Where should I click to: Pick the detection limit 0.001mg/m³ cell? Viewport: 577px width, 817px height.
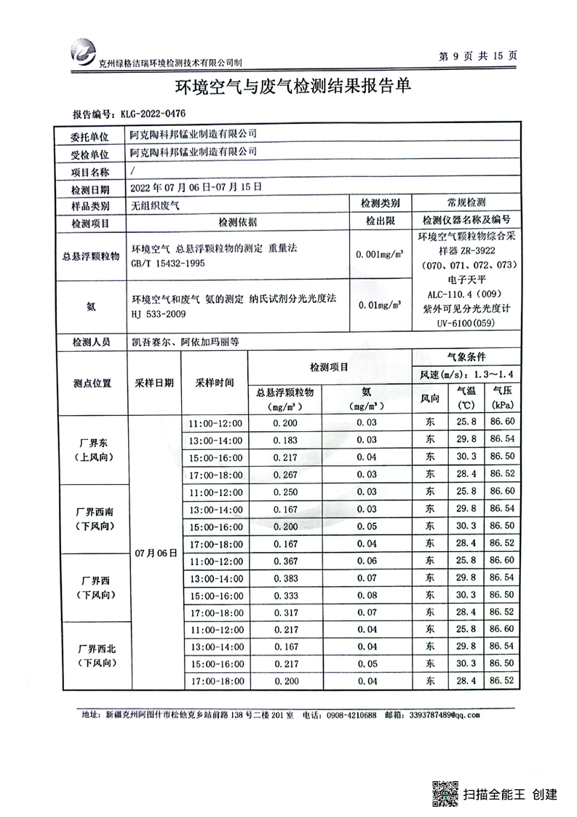[x=380, y=255]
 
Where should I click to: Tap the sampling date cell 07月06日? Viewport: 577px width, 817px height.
[x=156, y=553]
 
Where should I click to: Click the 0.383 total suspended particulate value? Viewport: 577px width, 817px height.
[x=284, y=578]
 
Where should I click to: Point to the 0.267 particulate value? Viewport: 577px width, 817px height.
[x=284, y=474]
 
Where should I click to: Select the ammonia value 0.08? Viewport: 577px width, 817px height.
[x=367, y=595]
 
